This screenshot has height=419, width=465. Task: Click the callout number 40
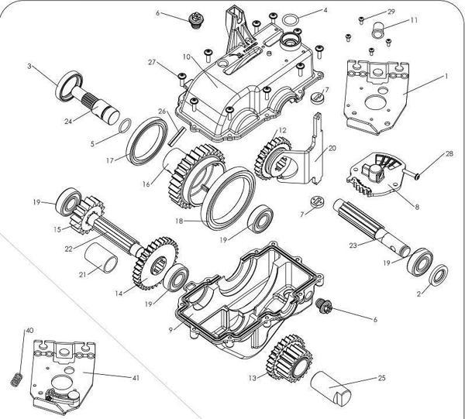point(30,331)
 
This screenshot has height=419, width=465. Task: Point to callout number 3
point(29,67)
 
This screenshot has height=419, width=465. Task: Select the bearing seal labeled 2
point(437,275)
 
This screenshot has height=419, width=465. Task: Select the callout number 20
point(332,147)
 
